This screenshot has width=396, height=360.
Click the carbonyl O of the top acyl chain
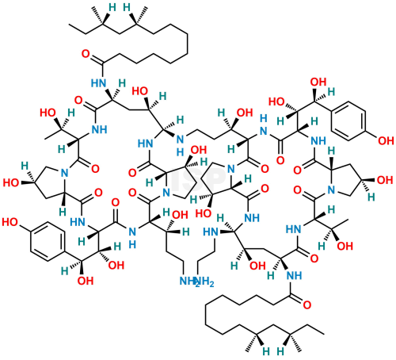pos(86,54)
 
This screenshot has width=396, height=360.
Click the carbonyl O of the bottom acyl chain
pos(307,305)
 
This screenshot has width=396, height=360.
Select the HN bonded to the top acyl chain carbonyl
pos(99,83)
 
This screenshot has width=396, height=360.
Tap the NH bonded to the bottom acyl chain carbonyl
pos(295,275)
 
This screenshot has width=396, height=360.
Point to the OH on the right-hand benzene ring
pos(386,141)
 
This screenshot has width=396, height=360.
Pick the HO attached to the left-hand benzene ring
pos(10,222)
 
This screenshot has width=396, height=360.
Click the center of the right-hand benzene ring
pos(348,121)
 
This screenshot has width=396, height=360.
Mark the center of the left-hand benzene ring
pos(48,242)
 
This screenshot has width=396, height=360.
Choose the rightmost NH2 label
pos(204,281)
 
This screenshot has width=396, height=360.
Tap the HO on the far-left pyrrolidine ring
pos(11,182)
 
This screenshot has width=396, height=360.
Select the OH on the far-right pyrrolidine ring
pos(385,180)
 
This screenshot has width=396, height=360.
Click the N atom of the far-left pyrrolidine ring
pos(64,173)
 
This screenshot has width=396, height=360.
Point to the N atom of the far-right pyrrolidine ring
pos(331,190)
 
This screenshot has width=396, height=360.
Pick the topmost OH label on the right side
pos(318,82)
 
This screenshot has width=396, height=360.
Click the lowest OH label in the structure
pos(86,281)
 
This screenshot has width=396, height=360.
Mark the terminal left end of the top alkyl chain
pos(69,25)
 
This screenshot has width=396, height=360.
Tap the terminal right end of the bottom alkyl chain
pos(324,334)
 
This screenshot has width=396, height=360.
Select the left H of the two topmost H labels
pos(112,7)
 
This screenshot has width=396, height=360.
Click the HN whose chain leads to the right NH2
pos(211,232)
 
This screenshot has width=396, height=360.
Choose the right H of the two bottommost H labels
pos(280,351)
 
